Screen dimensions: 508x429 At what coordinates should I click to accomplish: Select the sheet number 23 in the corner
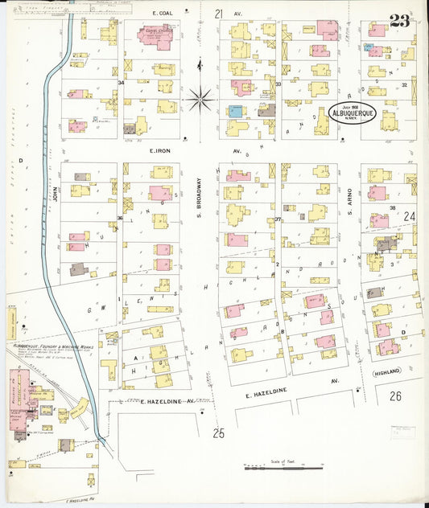click(399, 22)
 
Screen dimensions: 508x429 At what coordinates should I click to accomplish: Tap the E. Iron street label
click(162, 150)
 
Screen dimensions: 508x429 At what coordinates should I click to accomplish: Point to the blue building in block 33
click(235, 112)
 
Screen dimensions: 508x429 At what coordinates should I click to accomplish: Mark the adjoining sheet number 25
click(219, 434)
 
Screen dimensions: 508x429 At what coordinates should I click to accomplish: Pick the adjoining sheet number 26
click(394, 396)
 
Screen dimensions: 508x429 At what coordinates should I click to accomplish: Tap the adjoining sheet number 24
click(409, 216)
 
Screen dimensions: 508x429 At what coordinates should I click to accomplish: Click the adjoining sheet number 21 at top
click(219, 14)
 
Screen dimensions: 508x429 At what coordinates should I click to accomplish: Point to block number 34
click(122, 82)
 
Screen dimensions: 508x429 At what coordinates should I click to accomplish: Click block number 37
click(278, 219)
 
